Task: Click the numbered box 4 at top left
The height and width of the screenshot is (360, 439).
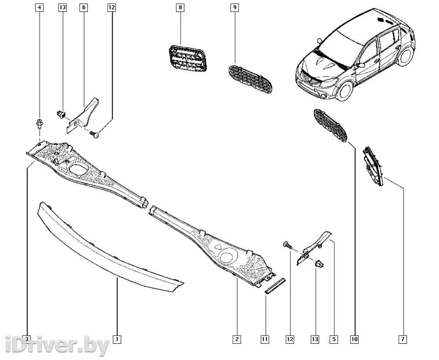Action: pos(39,7)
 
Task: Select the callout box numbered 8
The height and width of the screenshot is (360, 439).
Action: pos(180,7)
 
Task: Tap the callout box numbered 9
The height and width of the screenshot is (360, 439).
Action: pos(235,7)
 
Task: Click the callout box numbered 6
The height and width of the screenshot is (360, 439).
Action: pos(83,7)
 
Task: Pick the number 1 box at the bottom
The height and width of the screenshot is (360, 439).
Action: pos(117,339)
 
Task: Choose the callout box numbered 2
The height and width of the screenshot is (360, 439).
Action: pos(237,339)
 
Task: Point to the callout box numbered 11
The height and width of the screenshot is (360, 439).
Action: pos(265,339)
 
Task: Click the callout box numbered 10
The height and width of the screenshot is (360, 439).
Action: pos(354,339)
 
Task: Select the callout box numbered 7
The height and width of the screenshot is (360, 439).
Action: pos(403,339)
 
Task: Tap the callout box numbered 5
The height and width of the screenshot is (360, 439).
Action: pos(334,339)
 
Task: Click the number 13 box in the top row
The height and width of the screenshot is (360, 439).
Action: pos(62,7)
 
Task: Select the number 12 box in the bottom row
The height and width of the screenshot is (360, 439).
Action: pos(290,339)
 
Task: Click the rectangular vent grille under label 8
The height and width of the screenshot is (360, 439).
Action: pos(188,58)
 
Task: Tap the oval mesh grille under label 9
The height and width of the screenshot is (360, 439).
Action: pos(250,79)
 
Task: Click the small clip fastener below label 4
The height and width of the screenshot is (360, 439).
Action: pos(40,124)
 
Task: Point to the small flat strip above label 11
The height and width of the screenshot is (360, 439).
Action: pos(275,286)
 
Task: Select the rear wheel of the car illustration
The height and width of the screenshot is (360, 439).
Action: pos(406,57)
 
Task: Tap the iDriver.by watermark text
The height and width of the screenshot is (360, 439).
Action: pos(57,345)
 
